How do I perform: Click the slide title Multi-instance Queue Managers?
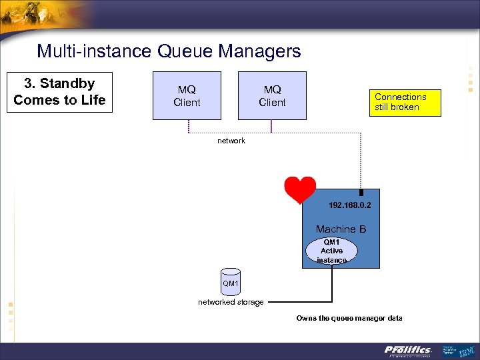pyautogui.click(x=169, y=51)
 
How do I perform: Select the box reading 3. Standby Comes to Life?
pyautogui.click(x=59, y=92)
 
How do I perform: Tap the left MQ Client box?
pyautogui.click(x=187, y=96)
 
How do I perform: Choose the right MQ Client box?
pyautogui.click(x=272, y=96)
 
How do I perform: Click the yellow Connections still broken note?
pyautogui.click(x=407, y=102)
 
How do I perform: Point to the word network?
pyautogui.click(x=231, y=141)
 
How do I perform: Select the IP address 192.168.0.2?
pyautogui.click(x=349, y=205)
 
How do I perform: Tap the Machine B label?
pyautogui.click(x=341, y=229)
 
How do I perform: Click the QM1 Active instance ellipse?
pyautogui.click(x=331, y=251)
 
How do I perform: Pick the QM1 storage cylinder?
pyautogui.click(x=230, y=283)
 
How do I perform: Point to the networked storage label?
pyautogui.click(x=231, y=302)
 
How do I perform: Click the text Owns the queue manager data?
pyautogui.click(x=349, y=318)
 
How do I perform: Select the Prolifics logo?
pyautogui.click(x=408, y=350)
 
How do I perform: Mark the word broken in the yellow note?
pyautogui.click(x=405, y=107)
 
